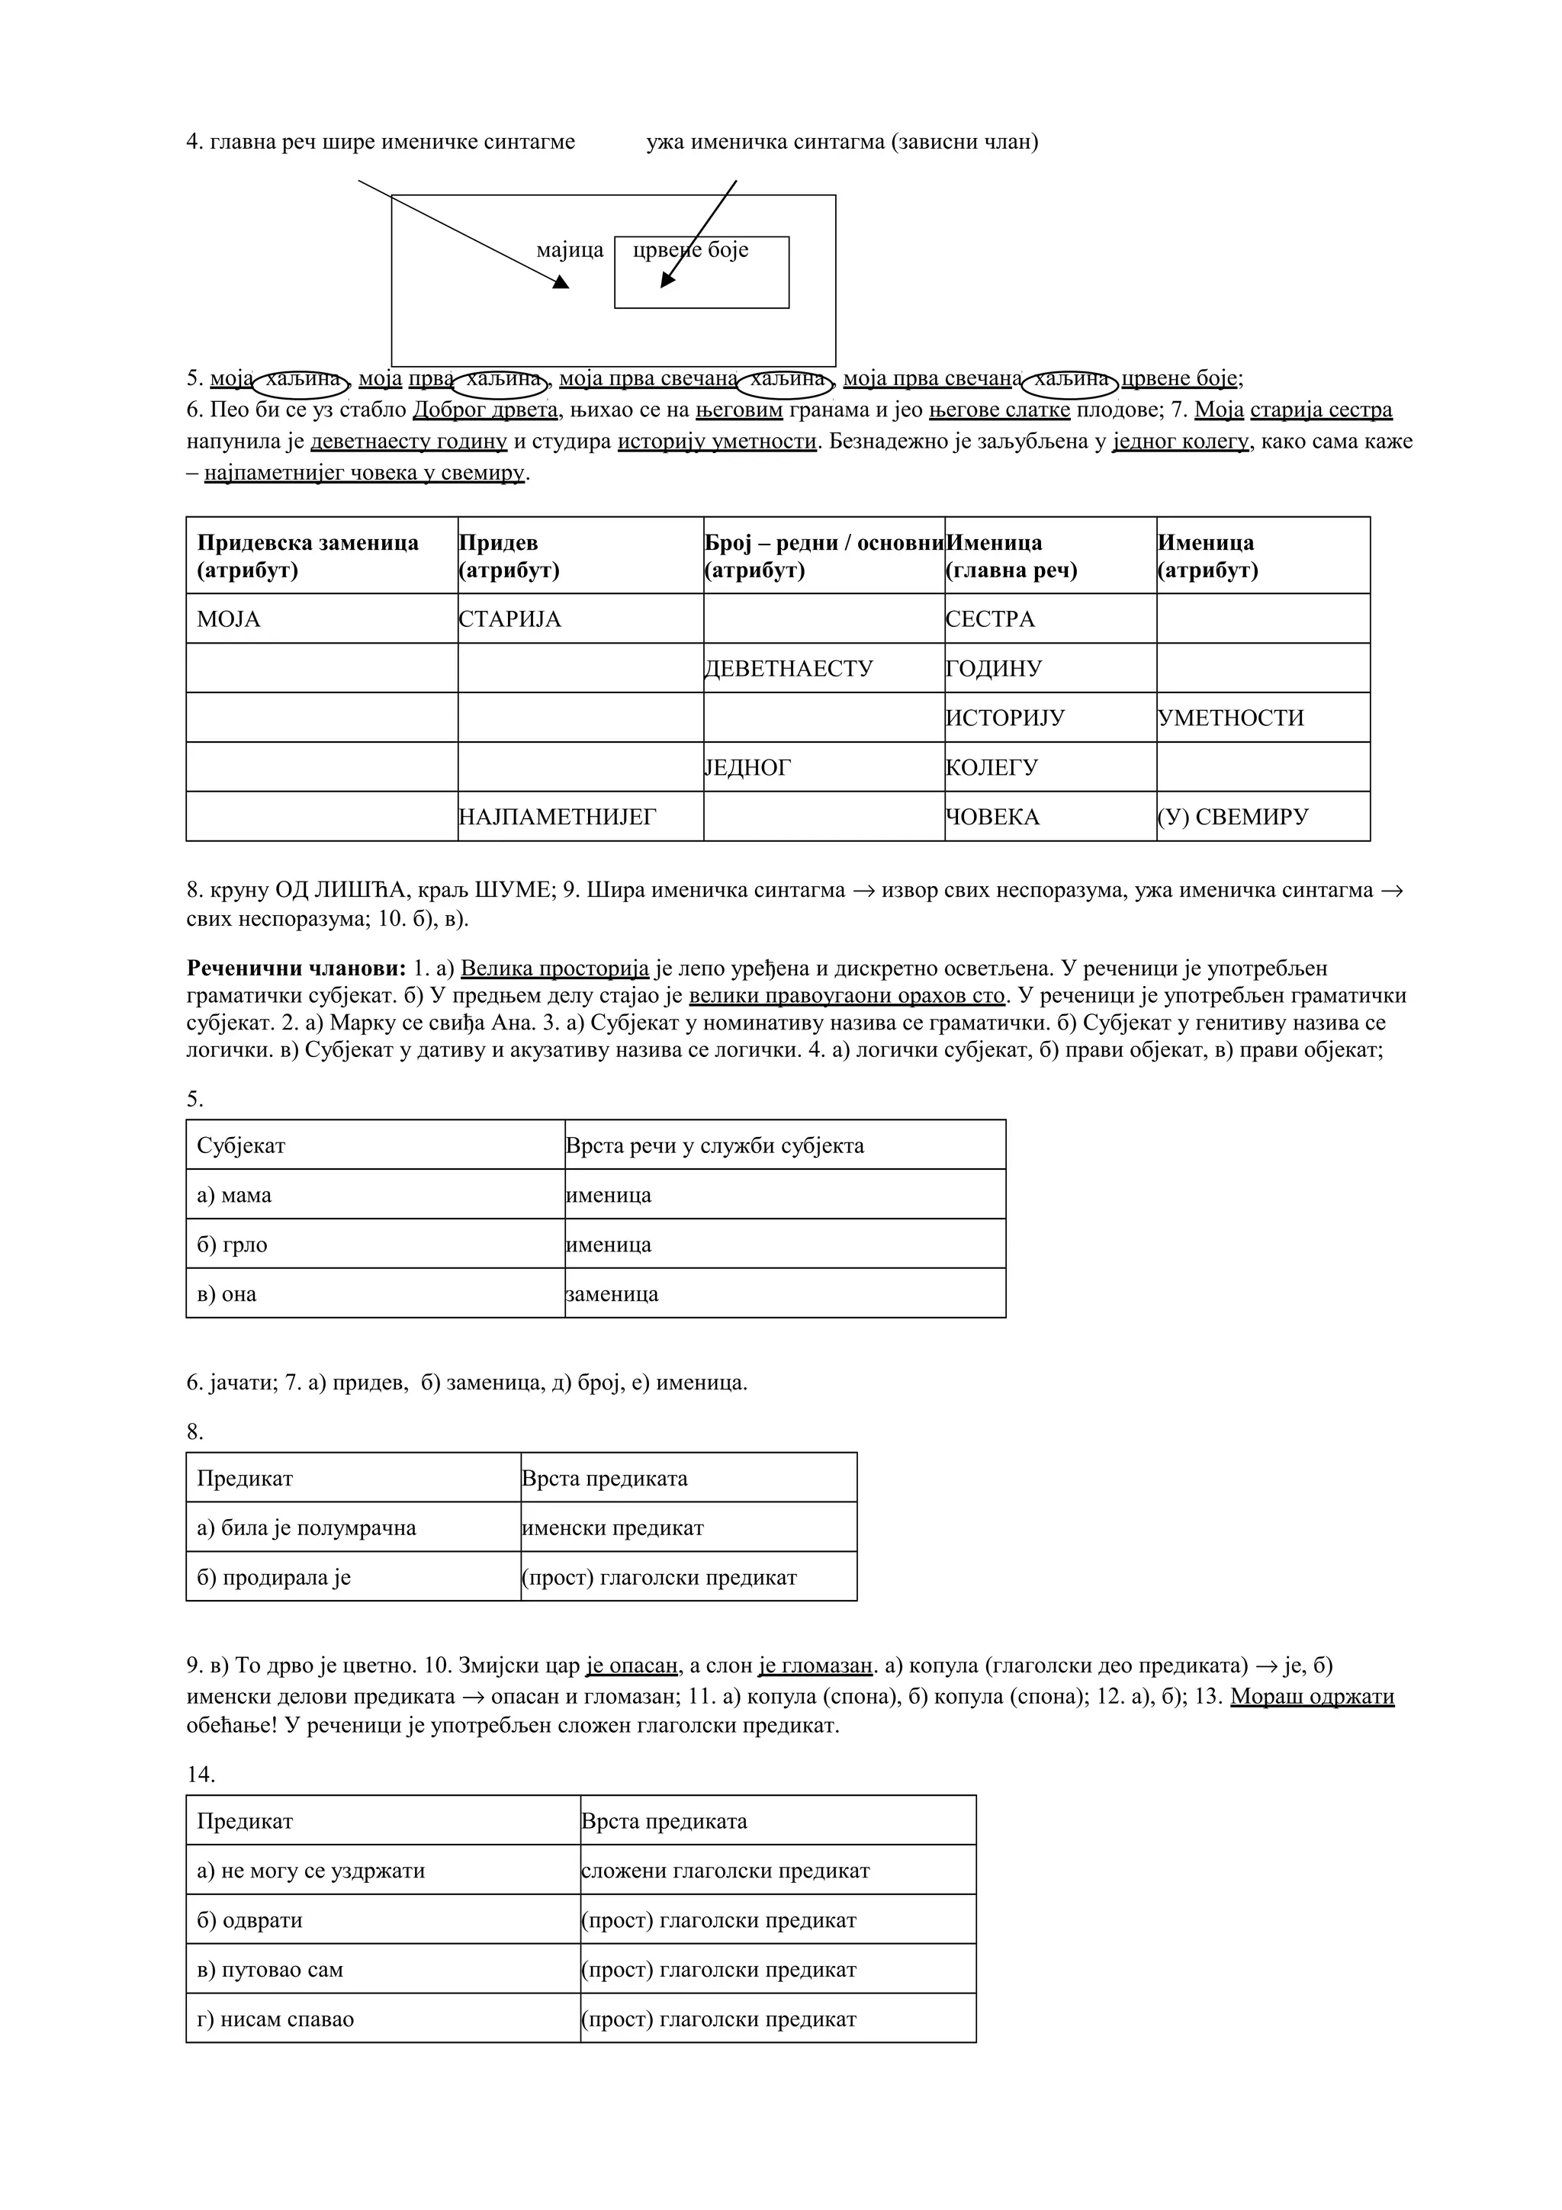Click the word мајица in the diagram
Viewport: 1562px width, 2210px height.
point(570,250)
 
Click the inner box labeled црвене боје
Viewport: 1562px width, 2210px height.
point(702,272)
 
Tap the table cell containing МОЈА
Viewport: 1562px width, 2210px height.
point(321,619)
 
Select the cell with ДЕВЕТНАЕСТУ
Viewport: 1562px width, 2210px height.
point(823,669)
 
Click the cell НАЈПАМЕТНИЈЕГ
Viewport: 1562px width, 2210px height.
point(580,818)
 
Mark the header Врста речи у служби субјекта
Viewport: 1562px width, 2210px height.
point(784,1145)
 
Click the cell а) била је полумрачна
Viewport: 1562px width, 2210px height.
point(352,1528)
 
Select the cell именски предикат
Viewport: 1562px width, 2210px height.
point(688,1528)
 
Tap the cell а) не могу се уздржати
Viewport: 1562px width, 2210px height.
point(382,1871)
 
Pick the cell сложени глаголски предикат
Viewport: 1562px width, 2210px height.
point(778,1871)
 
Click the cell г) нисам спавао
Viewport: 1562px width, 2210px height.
point(382,2019)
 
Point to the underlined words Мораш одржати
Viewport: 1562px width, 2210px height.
point(1311,1697)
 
